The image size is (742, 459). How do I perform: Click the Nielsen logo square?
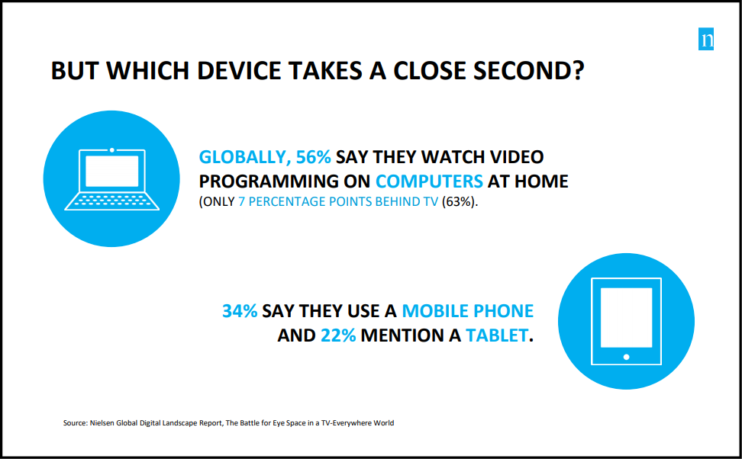pyautogui.click(x=705, y=39)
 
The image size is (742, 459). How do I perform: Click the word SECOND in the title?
pyautogui.click(x=528, y=70)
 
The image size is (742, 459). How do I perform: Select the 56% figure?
pyautogui.click(x=313, y=157)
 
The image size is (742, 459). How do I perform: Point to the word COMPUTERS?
pyautogui.click(x=429, y=181)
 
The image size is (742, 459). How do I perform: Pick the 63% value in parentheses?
pyautogui.click(x=459, y=202)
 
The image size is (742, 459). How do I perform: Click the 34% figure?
pyautogui.click(x=240, y=311)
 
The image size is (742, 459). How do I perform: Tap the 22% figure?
pyautogui.click(x=338, y=335)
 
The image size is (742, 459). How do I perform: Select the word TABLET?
pyautogui.click(x=497, y=335)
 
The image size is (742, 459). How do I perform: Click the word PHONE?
pyautogui.click(x=504, y=311)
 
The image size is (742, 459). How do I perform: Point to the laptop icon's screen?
pyautogui.click(x=111, y=171)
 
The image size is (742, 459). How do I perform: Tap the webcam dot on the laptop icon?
pyautogui.click(x=111, y=150)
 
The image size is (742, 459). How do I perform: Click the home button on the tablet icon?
pyautogui.click(x=626, y=357)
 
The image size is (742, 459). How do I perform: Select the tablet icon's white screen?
pyautogui.click(x=626, y=317)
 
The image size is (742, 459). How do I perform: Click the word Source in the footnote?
pyautogui.click(x=75, y=423)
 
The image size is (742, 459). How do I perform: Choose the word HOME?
pyautogui.click(x=541, y=181)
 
